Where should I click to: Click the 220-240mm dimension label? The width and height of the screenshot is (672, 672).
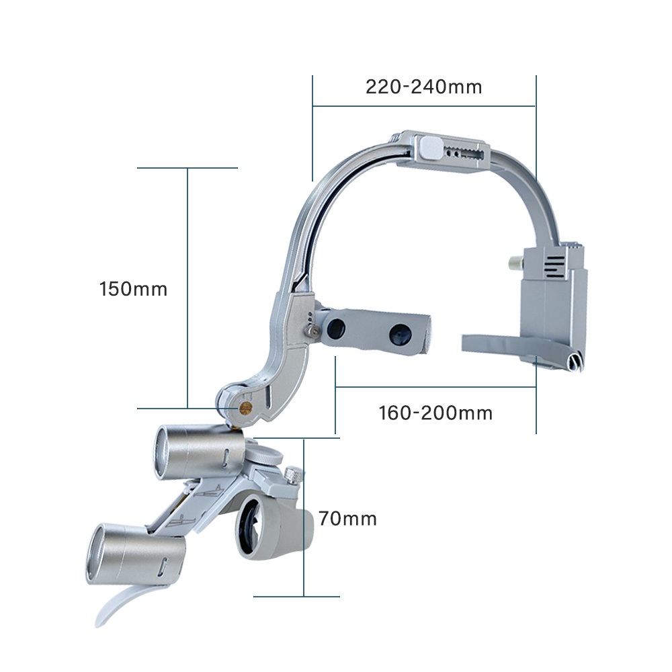coord(424,87)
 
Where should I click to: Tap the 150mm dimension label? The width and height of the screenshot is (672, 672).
coord(133,289)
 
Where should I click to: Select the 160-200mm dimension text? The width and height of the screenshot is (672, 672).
coord(435,413)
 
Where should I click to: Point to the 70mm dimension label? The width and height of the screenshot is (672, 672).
coord(347,519)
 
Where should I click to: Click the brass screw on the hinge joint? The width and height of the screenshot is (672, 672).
coord(245,408)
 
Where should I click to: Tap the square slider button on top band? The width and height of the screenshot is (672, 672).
coord(430,147)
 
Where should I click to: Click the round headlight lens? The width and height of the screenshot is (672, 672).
coord(253,526)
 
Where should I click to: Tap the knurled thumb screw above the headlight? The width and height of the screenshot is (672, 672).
coord(293,475)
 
